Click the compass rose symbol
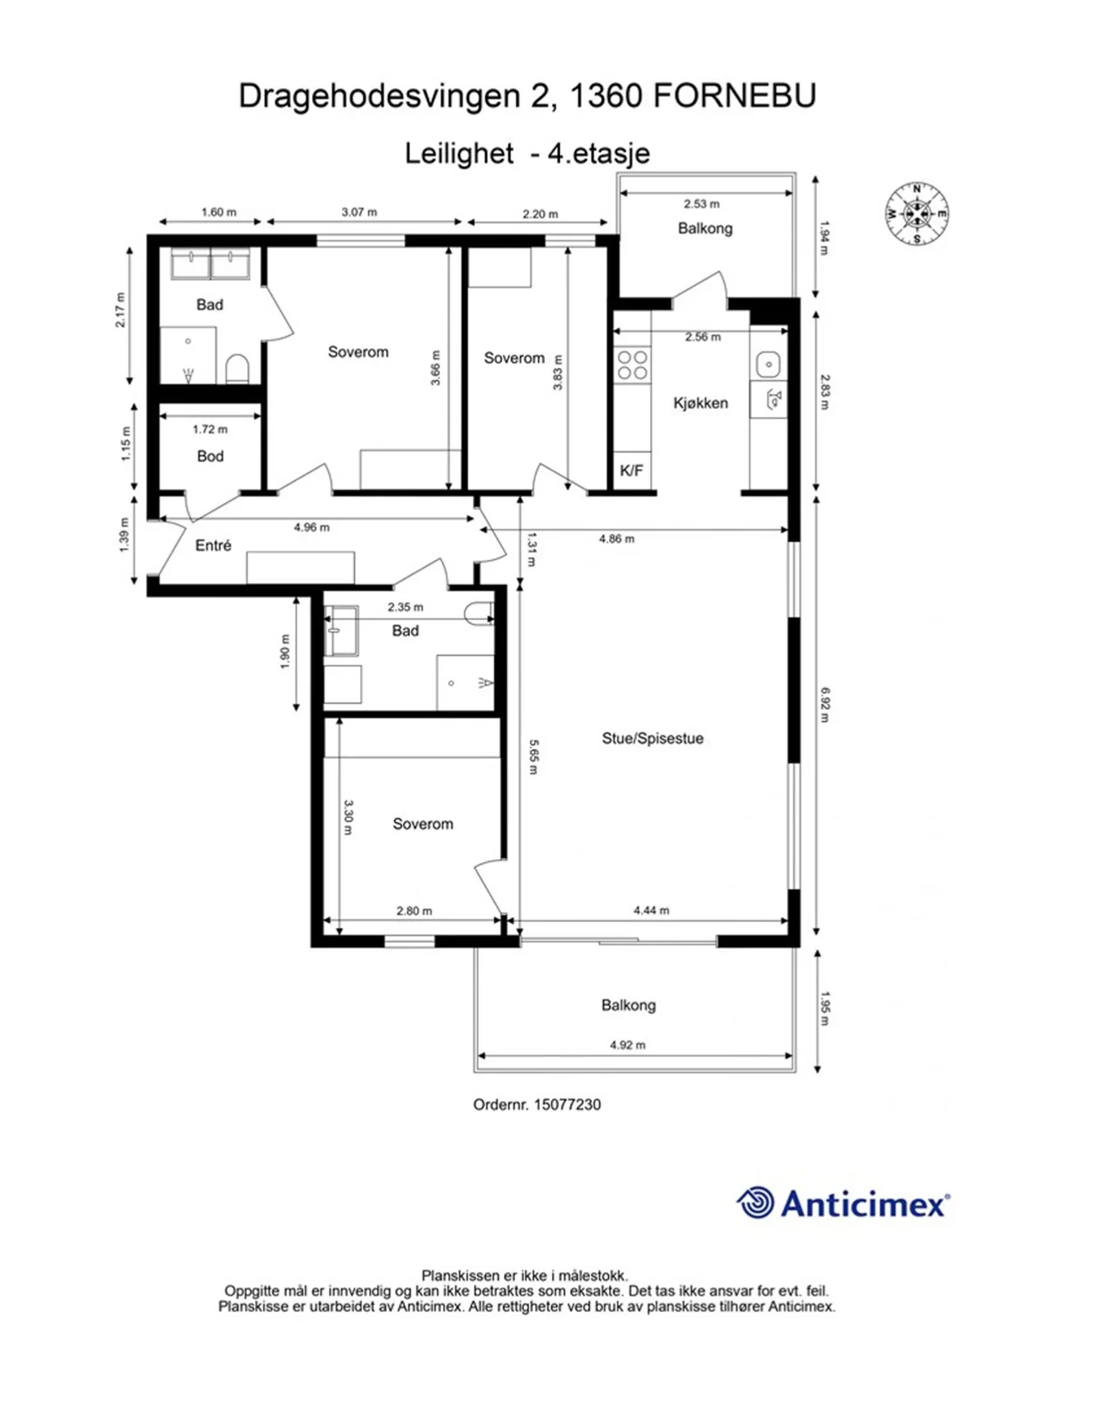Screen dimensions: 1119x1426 tap(917, 213)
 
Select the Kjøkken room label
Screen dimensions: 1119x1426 tap(700, 403)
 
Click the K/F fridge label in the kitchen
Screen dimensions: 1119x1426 tap(631, 471)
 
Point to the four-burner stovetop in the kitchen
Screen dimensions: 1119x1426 tap(632, 365)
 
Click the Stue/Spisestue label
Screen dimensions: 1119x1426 tap(653, 738)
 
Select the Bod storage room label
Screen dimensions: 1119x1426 tap(210, 456)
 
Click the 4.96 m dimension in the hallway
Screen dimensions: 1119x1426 tap(312, 528)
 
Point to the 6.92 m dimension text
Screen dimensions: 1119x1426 tap(825, 705)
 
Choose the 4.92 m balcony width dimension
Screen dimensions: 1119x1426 tap(628, 1045)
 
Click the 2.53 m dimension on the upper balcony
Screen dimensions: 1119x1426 tap(702, 204)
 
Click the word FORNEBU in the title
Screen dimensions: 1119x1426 tap(735, 96)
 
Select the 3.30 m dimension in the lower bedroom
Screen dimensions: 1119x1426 tap(348, 817)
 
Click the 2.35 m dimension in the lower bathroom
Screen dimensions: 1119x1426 tap(405, 607)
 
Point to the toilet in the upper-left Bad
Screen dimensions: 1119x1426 tap(237, 369)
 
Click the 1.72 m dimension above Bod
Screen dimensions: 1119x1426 tap(210, 430)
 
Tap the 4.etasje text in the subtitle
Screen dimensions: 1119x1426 tap(588, 153)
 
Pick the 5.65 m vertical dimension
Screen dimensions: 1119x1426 tap(533, 757)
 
